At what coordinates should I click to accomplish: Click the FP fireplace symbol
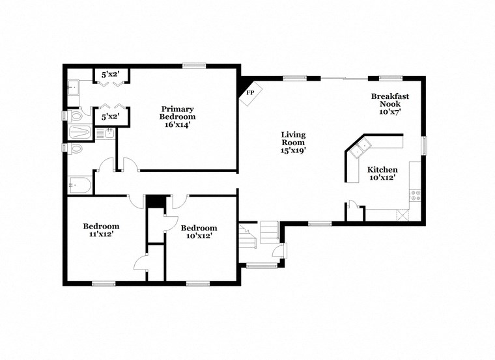(x=250, y=92)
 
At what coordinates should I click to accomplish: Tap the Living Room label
(x=293, y=143)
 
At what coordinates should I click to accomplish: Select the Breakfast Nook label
(x=389, y=104)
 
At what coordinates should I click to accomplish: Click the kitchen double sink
(x=358, y=149)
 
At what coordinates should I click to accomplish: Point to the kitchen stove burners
(x=415, y=193)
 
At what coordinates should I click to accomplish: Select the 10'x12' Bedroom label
(x=199, y=232)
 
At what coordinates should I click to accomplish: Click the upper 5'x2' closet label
(x=109, y=75)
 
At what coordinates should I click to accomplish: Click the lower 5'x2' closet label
(x=109, y=117)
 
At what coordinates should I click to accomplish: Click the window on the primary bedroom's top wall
(x=193, y=65)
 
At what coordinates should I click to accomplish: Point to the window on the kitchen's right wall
(x=424, y=145)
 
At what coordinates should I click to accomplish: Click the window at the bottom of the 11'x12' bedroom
(x=104, y=284)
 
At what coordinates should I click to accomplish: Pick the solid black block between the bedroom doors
(x=154, y=202)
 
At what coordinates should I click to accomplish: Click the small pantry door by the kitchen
(x=353, y=206)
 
